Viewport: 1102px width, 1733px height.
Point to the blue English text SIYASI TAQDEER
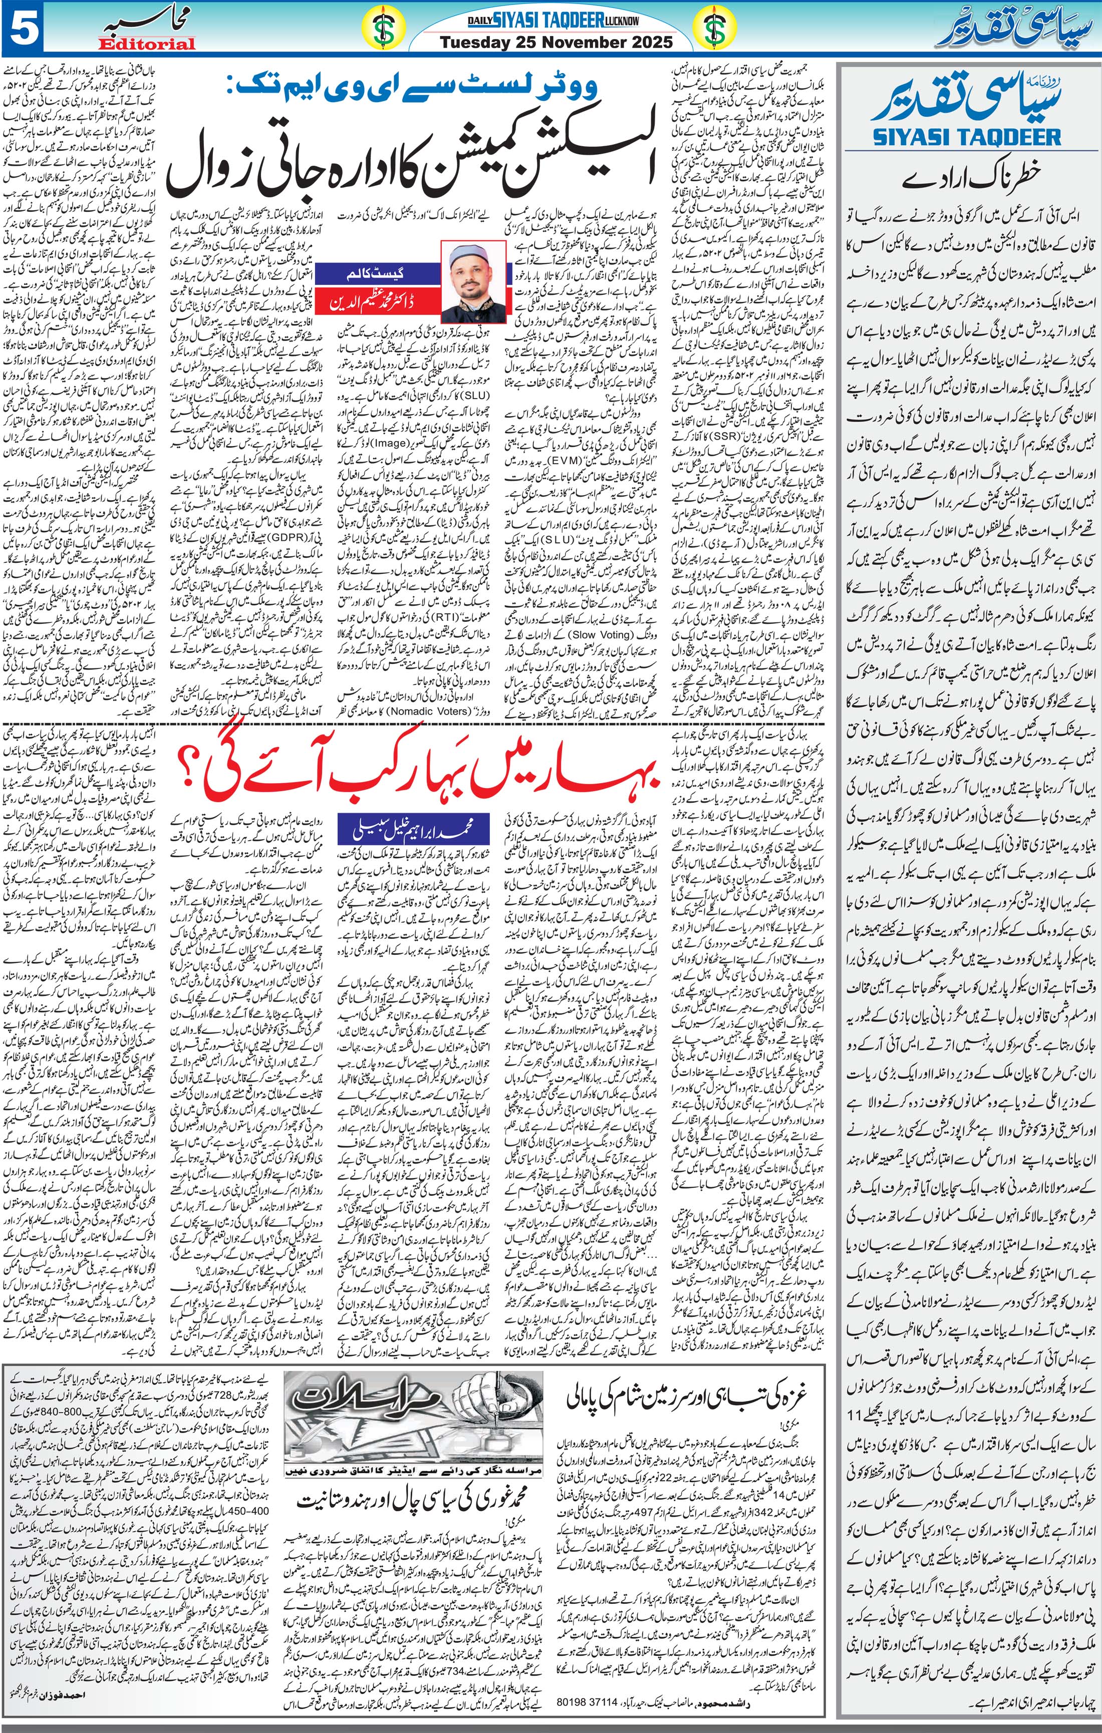click(x=966, y=136)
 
